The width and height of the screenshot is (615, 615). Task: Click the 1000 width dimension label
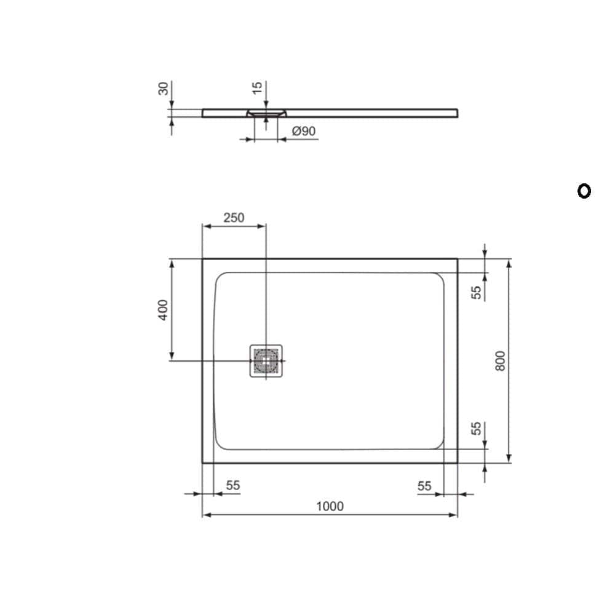[330, 506]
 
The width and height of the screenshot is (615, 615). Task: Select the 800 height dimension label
[500, 361]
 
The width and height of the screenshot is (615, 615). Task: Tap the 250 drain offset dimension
[234, 218]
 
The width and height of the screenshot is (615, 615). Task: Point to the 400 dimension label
[163, 310]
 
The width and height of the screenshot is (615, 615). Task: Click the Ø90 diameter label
[304, 131]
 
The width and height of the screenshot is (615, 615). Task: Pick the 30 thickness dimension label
[163, 89]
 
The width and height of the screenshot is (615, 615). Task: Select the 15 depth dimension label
[257, 88]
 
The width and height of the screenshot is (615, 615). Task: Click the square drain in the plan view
[266, 361]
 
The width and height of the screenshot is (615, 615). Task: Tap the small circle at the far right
[584, 191]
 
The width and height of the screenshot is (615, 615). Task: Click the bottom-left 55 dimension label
[232, 486]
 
